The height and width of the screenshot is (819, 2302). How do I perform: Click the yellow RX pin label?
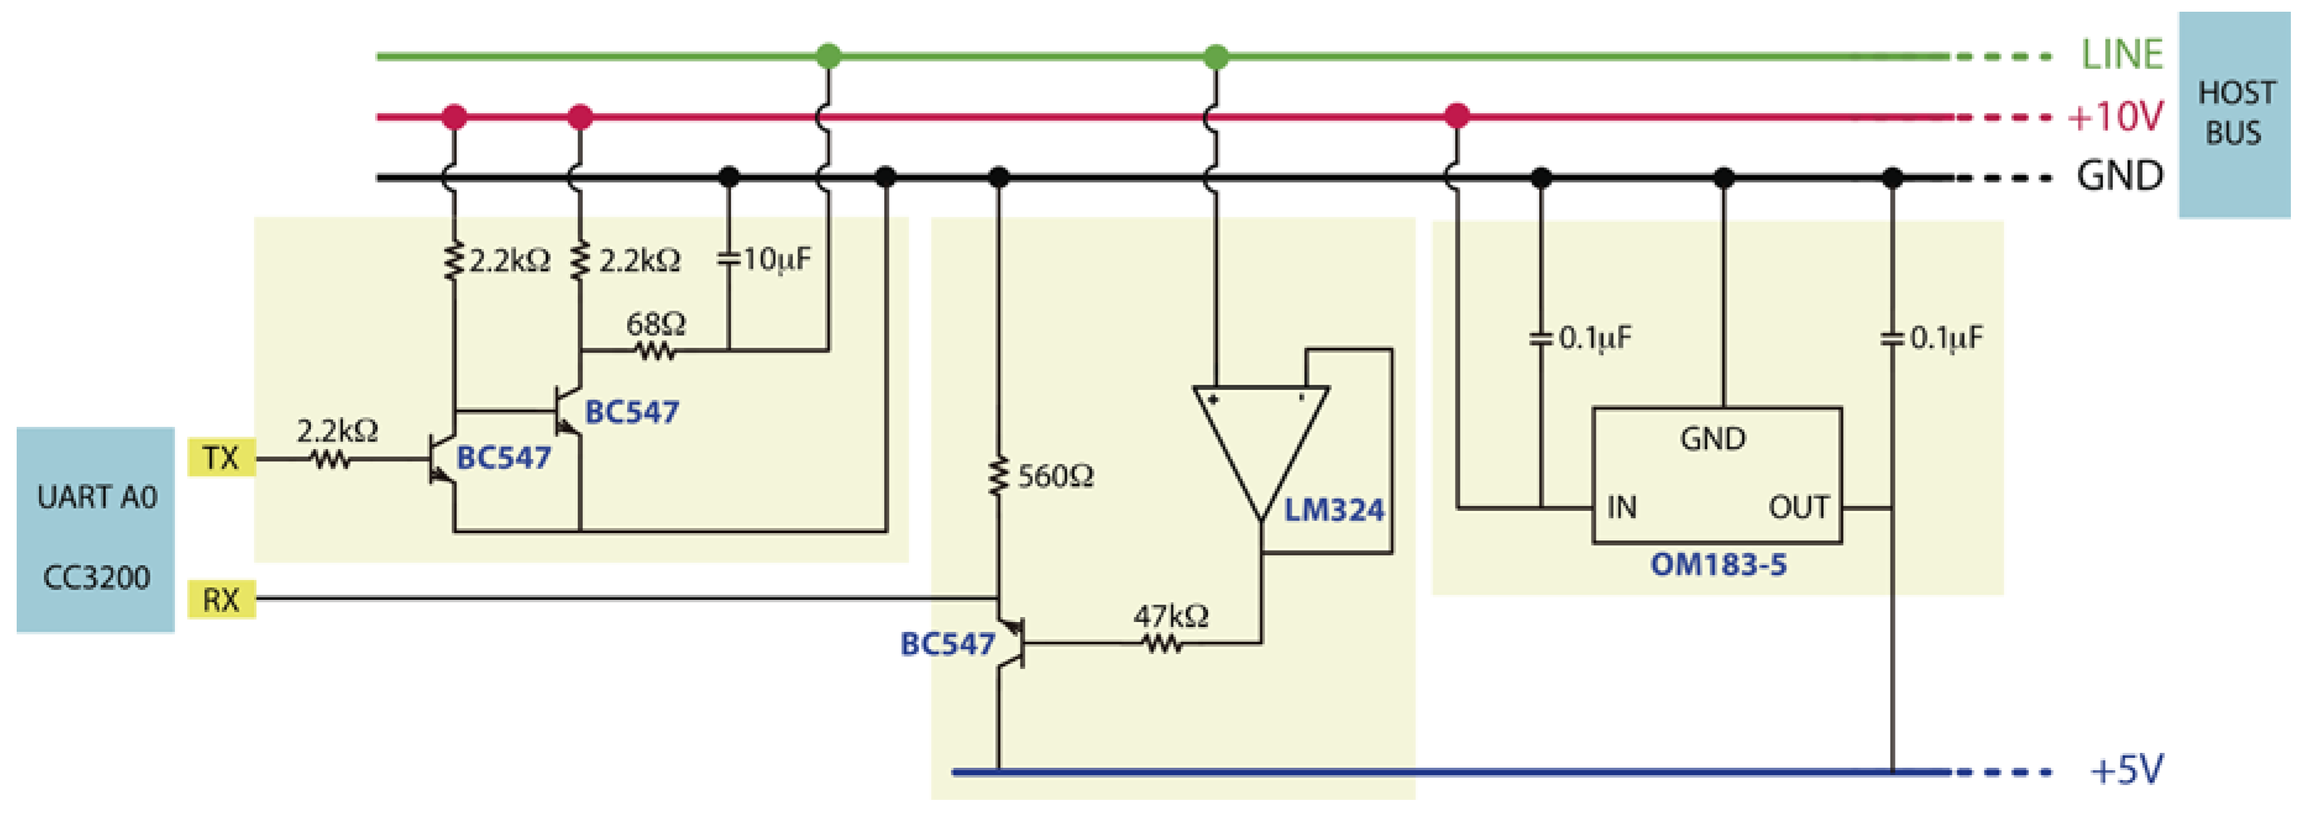[x=221, y=599]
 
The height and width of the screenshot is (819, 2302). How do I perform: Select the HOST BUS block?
[x=2234, y=114]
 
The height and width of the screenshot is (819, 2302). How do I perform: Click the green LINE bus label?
[x=2122, y=56]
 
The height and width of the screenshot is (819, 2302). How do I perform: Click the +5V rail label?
[x=2126, y=770]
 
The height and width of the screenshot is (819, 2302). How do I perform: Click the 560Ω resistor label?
[x=1055, y=476]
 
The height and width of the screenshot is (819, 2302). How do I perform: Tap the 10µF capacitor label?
[x=777, y=260]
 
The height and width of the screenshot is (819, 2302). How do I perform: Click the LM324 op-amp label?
[x=1333, y=510]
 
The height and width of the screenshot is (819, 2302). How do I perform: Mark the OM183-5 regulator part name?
[x=1718, y=565]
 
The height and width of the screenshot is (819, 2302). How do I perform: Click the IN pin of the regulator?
[x=1621, y=507]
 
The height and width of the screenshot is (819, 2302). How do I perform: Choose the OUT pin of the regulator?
[x=1798, y=507]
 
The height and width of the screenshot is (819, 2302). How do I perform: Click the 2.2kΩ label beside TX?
[x=337, y=431]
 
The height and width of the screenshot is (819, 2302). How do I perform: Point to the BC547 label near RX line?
[x=947, y=644]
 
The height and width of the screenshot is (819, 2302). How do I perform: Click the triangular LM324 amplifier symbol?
[x=1260, y=438]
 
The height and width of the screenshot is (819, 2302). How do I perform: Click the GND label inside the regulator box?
[x=1712, y=439]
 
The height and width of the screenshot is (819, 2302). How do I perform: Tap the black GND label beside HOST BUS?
[x=2119, y=176]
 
